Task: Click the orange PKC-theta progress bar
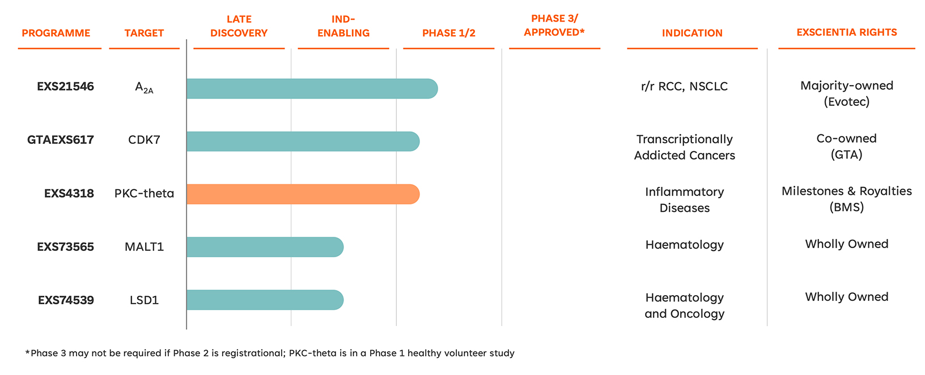pyautogui.click(x=303, y=194)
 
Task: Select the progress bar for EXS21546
pyautogui.click(x=312, y=89)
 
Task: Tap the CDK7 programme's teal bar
pyautogui.click(x=303, y=142)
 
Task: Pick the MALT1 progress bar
pyautogui.click(x=265, y=247)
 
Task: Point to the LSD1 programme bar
pyautogui.click(x=265, y=300)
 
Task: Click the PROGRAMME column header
pyautogui.click(x=56, y=33)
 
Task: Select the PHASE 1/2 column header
pyautogui.click(x=449, y=33)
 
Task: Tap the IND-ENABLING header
pyautogui.click(x=343, y=26)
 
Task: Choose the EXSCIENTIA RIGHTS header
pyautogui.click(x=847, y=32)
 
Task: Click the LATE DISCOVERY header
pyautogui.click(x=239, y=26)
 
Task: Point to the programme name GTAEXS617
pyautogui.click(x=61, y=140)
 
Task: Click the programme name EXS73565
pyautogui.click(x=66, y=247)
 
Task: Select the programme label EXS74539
pyautogui.click(x=66, y=300)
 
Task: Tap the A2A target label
pyautogui.click(x=144, y=87)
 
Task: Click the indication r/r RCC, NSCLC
pyautogui.click(x=684, y=86)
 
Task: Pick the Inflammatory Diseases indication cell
pyautogui.click(x=685, y=199)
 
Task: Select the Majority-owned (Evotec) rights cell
pyautogui.click(x=847, y=93)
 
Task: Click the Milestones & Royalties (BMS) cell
pyautogui.click(x=847, y=199)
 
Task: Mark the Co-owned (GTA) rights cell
pyautogui.click(x=847, y=146)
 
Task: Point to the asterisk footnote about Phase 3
pyautogui.click(x=270, y=353)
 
